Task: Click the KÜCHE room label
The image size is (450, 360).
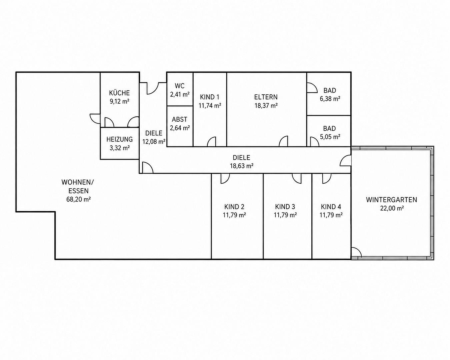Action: point(119,93)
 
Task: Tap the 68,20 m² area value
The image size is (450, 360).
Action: point(78,199)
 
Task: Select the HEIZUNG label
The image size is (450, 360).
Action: point(119,139)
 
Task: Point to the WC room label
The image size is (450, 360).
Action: point(180,86)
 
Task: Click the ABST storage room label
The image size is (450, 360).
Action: point(179,119)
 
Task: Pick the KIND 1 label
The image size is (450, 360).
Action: point(210,97)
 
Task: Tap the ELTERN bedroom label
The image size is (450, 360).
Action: point(266,97)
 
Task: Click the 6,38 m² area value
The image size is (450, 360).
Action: point(330,99)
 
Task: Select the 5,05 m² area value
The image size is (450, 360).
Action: point(330,137)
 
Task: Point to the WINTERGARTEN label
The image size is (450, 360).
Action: point(391,200)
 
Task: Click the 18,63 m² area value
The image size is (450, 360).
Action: point(242,166)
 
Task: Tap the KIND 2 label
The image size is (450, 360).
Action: point(234,207)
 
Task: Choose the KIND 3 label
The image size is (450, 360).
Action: point(285,207)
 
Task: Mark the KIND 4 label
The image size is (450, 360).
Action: point(331,207)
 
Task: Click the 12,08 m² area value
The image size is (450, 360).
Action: point(154,142)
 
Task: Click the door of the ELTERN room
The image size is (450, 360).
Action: point(283,141)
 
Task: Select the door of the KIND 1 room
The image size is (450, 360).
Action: point(211,142)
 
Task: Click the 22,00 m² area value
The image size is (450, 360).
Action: point(392,208)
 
